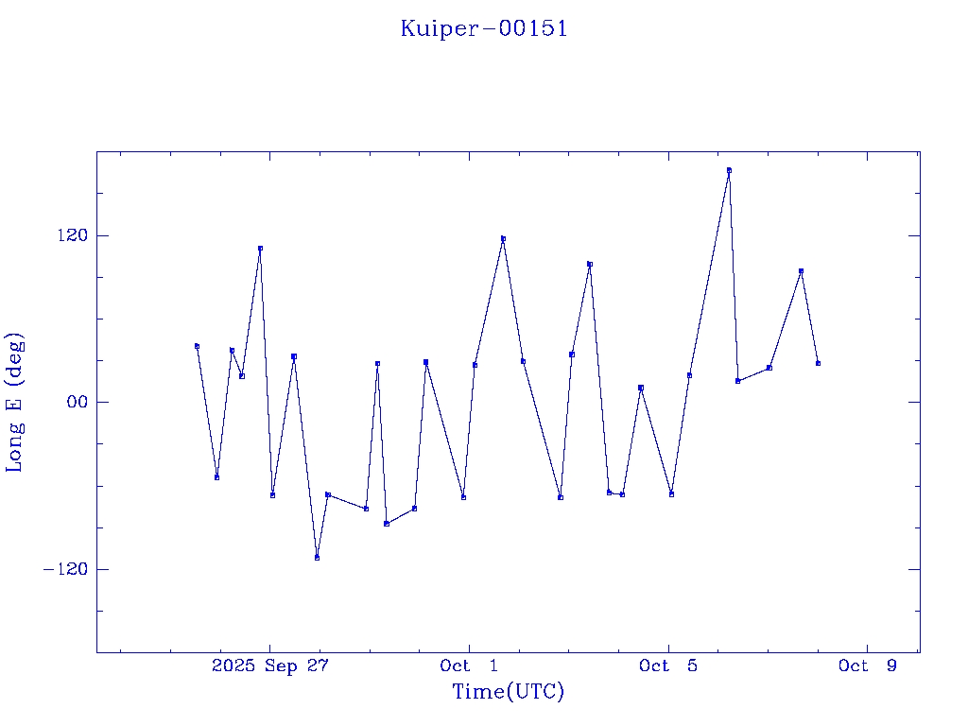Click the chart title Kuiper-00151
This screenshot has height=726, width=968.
[x=484, y=28]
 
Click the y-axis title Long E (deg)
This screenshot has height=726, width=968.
[x=15, y=402]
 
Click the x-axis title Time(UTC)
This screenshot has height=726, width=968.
[x=508, y=692]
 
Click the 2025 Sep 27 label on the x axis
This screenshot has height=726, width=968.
[x=269, y=666]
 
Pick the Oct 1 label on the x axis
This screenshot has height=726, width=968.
[x=469, y=666]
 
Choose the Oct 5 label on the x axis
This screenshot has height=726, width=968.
[x=668, y=666]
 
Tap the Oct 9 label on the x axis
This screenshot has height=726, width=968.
[x=868, y=666]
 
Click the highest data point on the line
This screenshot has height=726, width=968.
[x=729, y=170]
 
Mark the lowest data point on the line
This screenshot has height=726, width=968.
[x=317, y=558]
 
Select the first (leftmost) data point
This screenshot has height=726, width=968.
[x=197, y=346]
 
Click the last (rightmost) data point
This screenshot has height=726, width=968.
[x=818, y=363]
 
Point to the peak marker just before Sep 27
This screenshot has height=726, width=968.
[x=260, y=249]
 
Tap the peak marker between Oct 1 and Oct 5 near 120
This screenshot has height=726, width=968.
[x=503, y=239]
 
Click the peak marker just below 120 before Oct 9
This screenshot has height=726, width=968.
[x=801, y=271]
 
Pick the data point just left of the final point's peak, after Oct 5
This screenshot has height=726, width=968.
[x=769, y=368]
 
